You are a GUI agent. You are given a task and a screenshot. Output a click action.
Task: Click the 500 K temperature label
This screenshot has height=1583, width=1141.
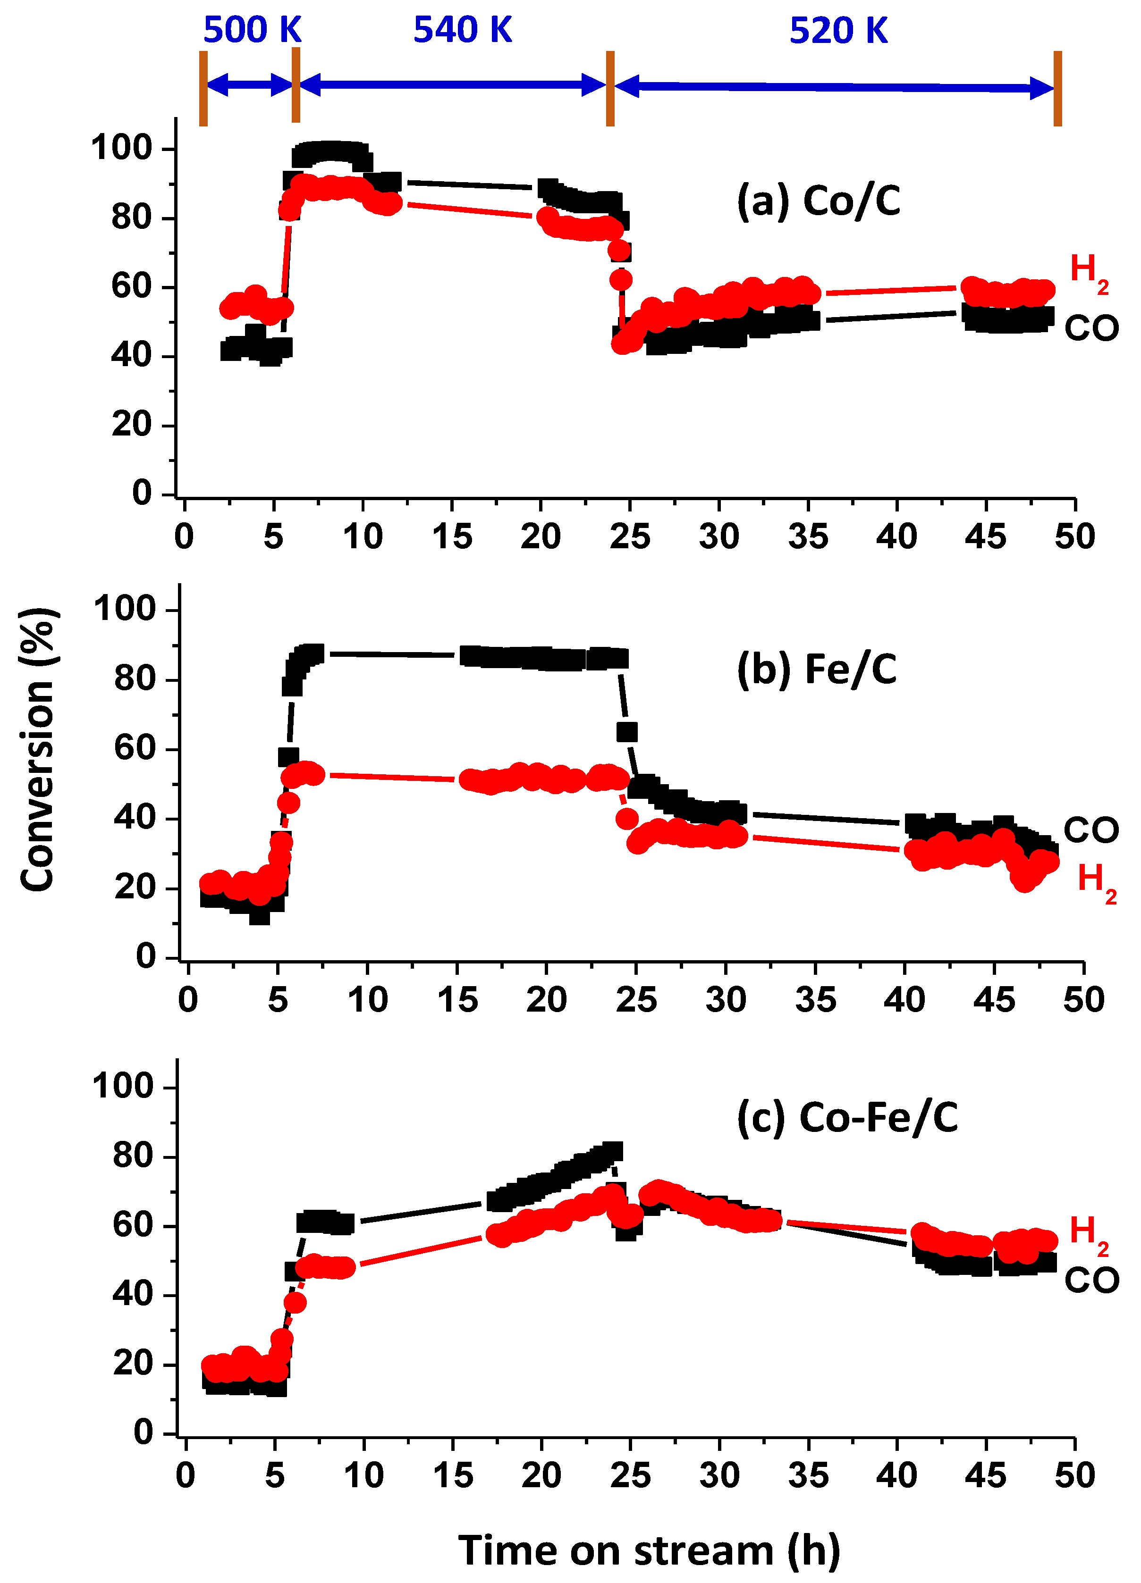point(252,30)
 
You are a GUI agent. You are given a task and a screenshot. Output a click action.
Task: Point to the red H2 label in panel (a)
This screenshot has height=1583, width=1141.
point(1088,271)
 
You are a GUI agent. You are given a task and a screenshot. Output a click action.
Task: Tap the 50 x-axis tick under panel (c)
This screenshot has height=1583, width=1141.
point(1074,1475)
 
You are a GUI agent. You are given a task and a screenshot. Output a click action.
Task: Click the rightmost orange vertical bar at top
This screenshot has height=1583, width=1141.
point(1057,89)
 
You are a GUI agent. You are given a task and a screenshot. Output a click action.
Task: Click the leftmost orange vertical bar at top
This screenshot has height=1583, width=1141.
point(203,89)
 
